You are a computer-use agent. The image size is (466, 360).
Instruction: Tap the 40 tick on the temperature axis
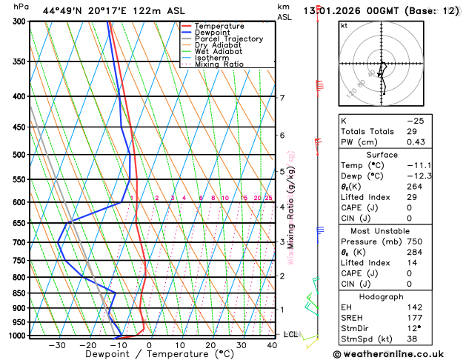pos(273,345)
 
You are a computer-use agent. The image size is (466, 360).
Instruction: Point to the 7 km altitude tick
pos(282,98)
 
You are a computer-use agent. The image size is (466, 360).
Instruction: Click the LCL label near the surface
pos(290,335)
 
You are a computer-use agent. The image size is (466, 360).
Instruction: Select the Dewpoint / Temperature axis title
pos(147,355)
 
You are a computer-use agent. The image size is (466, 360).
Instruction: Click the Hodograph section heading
pos(398,296)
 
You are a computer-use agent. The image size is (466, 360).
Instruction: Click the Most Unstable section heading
pos(398,230)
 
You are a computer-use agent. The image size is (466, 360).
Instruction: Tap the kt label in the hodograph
pos(344,25)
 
